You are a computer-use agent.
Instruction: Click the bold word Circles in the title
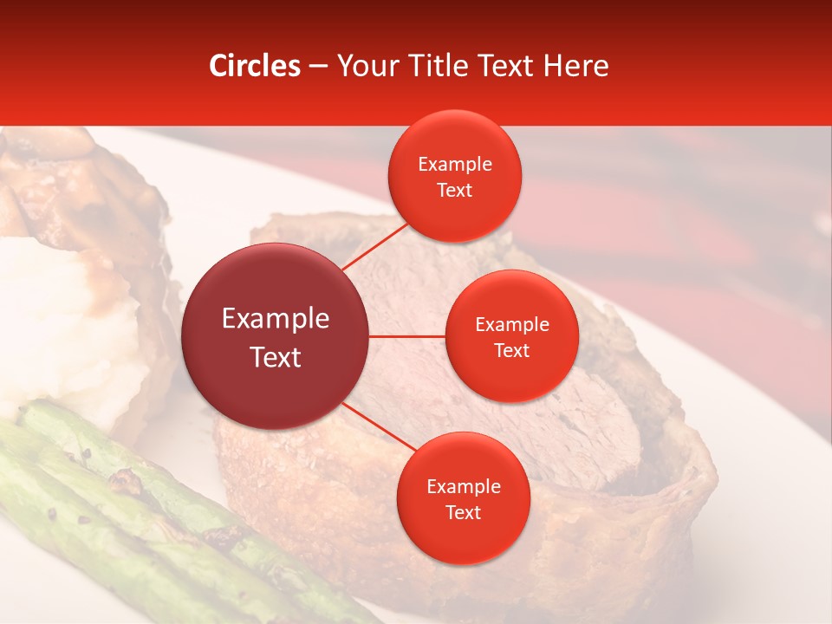click(255, 66)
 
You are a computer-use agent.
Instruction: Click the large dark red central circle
click(276, 336)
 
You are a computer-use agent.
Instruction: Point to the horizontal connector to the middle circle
click(407, 336)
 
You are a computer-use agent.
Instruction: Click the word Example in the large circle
click(276, 319)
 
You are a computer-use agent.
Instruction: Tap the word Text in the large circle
click(276, 357)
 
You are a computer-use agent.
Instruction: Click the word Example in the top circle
click(455, 165)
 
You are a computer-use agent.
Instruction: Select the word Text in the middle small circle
click(511, 350)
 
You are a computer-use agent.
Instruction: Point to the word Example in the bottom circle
click(463, 487)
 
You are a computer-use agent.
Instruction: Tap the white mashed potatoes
click(61, 329)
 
